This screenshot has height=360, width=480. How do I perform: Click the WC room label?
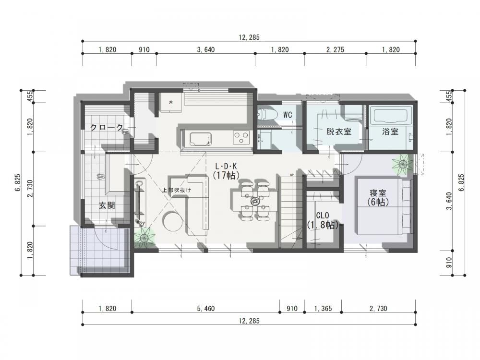288,115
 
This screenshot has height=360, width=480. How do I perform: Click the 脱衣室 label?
338,132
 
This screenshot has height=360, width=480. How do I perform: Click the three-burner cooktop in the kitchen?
241,137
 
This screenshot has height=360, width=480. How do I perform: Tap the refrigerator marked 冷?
170,102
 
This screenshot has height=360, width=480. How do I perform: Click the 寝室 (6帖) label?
378,197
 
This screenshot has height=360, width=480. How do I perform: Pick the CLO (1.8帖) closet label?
323,220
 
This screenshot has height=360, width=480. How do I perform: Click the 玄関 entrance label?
107,205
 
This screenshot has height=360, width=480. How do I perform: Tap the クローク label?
107,127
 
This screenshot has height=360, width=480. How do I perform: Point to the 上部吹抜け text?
177,190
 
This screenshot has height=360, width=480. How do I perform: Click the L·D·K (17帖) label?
226,170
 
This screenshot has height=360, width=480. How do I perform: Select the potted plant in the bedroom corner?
402,164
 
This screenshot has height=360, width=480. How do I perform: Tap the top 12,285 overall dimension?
249,37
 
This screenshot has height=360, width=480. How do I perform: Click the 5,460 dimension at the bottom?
206,309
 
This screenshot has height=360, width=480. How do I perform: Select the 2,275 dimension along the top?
335,49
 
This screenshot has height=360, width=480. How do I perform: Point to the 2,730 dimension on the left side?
30,189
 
